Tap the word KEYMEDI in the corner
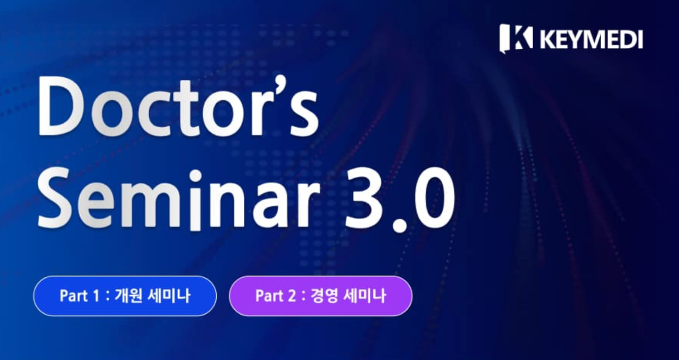point(591,39)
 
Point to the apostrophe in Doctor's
point(276,89)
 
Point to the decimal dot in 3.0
point(399,225)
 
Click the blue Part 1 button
point(125,296)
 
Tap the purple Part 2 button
point(321,296)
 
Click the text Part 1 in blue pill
point(81,296)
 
